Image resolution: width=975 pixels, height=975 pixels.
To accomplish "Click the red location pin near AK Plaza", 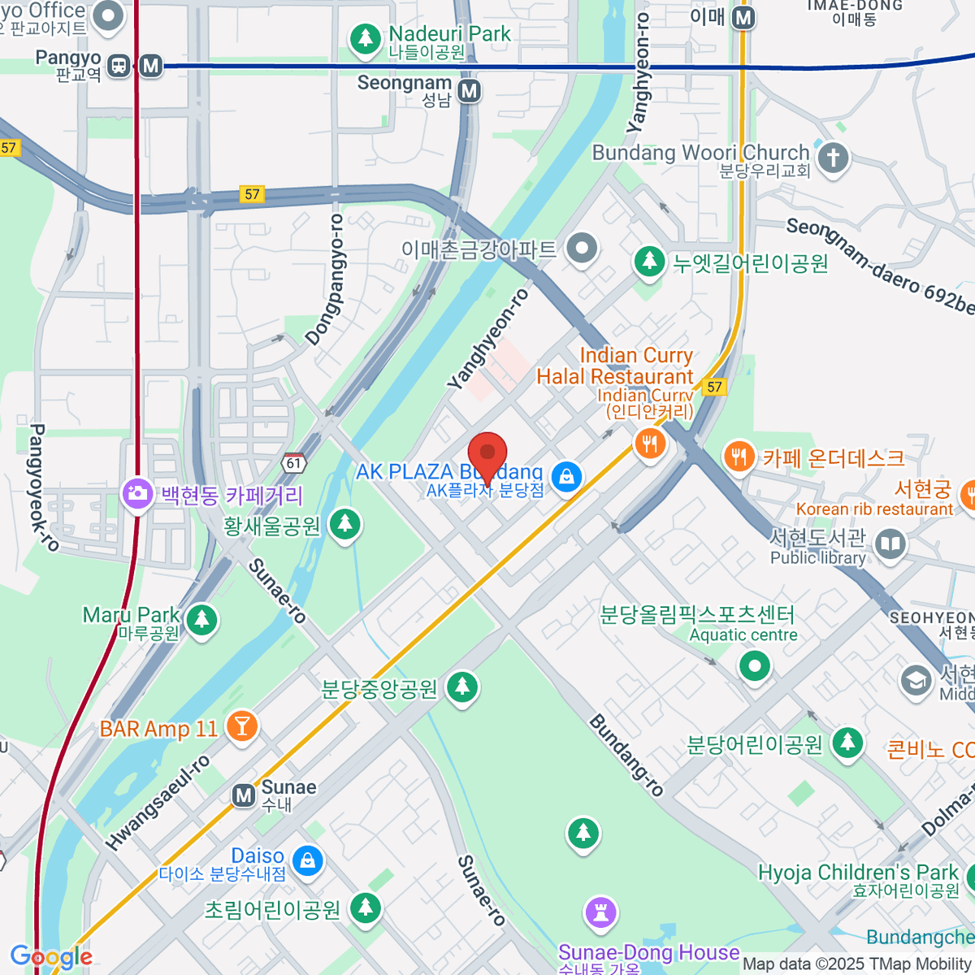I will click(487, 455).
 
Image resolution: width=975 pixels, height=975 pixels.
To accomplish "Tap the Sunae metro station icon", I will click(244, 795).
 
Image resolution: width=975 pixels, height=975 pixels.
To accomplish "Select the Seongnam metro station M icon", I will click(469, 91).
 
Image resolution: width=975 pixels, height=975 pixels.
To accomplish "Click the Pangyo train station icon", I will click(119, 66).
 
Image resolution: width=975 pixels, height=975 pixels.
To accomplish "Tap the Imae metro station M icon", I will click(743, 17).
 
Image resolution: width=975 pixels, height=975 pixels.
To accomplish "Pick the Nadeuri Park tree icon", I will click(365, 39).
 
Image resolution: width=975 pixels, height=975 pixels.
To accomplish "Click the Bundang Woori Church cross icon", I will click(832, 158).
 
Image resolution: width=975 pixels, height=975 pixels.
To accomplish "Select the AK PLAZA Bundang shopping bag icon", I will click(566, 477).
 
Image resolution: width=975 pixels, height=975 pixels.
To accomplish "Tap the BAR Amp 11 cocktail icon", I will click(241, 726).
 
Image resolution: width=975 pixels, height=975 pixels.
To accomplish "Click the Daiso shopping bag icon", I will click(307, 860).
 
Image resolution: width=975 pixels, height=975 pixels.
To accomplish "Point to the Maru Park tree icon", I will click(201, 621).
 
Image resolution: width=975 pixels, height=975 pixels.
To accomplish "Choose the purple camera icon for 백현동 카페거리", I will click(137, 493).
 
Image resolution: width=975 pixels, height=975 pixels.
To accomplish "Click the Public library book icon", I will click(890, 545).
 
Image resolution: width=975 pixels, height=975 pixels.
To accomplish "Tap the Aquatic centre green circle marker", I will click(755, 666).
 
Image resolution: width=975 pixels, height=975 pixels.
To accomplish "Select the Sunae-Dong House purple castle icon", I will click(600, 912).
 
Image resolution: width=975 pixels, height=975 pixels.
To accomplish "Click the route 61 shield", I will click(293, 463).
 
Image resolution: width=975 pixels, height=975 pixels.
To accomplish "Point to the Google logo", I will click(50, 956).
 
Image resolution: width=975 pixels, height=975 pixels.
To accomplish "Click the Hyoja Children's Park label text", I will click(858, 873).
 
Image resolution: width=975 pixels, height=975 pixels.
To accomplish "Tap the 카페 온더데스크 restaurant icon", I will click(739, 457).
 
